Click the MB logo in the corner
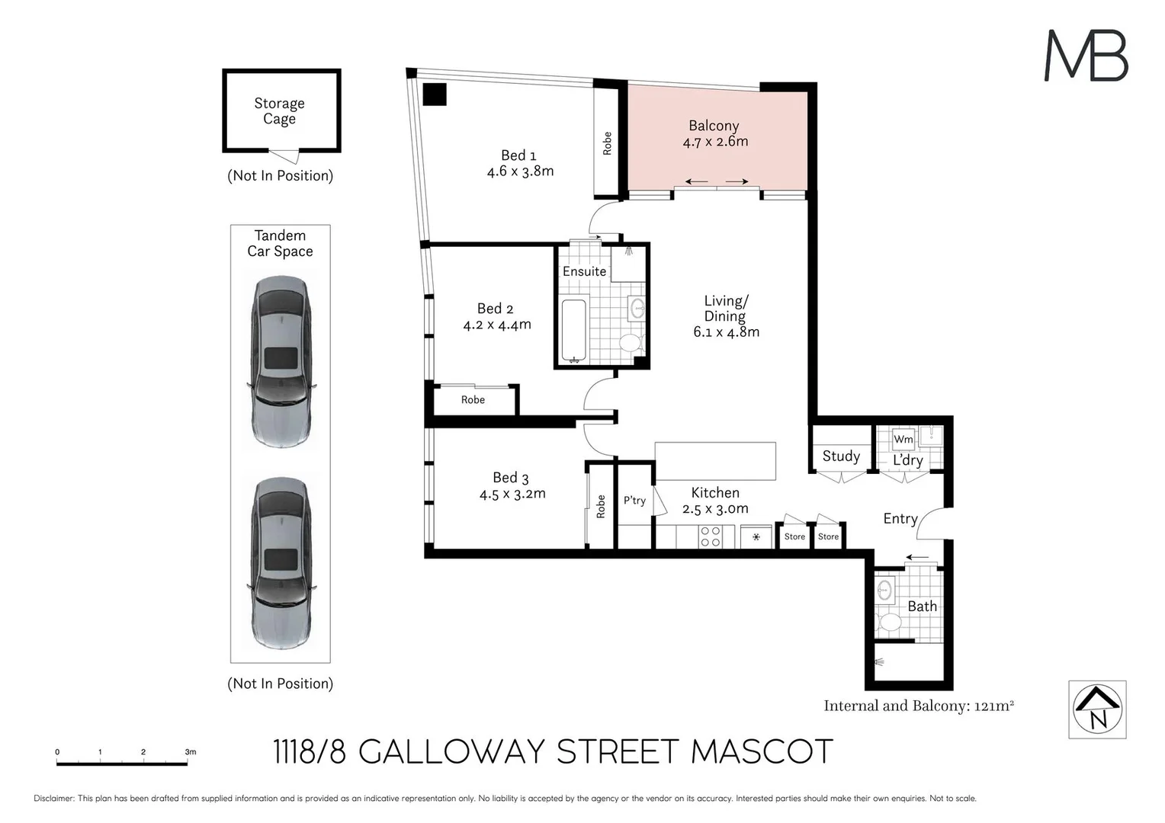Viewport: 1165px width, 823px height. coord(1086,56)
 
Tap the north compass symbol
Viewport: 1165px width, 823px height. coord(1097,709)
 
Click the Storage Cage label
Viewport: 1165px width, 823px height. coord(279,110)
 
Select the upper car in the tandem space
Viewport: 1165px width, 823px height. coord(281,361)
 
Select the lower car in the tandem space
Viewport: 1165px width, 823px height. coord(281,562)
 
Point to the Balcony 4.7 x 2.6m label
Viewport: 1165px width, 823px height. coord(714,133)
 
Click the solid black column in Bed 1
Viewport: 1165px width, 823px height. coord(435,94)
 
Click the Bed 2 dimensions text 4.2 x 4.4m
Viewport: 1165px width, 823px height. coord(497,325)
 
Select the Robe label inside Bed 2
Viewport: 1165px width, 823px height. coord(473,400)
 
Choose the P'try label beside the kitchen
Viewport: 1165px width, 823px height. coord(634,501)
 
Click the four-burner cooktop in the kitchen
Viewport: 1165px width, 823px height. coord(710,536)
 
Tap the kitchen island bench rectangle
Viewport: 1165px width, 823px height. coord(714,461)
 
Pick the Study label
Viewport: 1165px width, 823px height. coord(841,456)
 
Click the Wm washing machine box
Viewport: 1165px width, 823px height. coord(903,439)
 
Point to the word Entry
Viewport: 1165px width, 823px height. coord(900,518)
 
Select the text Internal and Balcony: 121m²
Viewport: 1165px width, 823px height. coord(918,706)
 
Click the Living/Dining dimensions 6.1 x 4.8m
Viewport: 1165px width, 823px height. coord(726,332)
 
